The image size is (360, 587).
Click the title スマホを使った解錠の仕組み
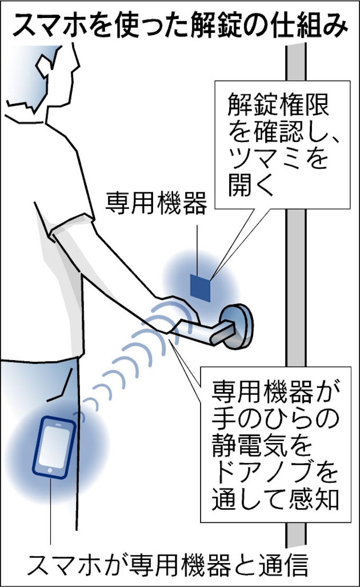coord(180,26)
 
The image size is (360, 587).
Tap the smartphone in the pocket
coord(53,447)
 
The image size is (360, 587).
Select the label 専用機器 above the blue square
coord(156,202)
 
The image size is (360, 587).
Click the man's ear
coord(43,66)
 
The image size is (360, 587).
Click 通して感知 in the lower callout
coord(275,499)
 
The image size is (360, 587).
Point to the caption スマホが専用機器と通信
coord(168,565)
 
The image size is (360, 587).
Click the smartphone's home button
coord(50,470)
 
